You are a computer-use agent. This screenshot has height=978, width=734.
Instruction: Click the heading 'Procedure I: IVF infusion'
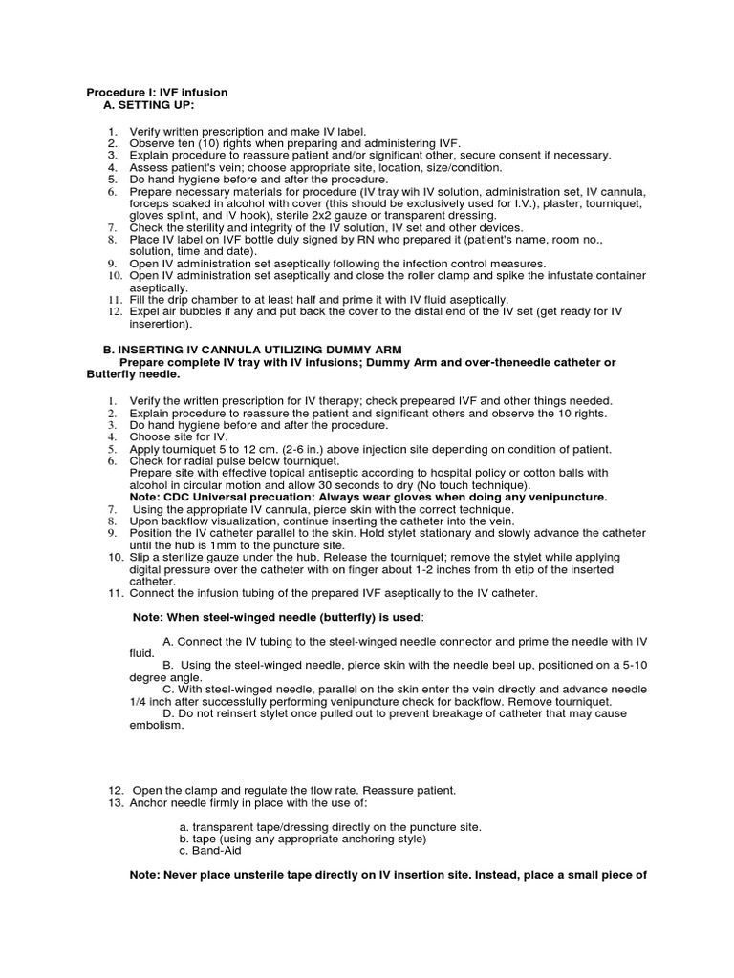click(x=157, y=92)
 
